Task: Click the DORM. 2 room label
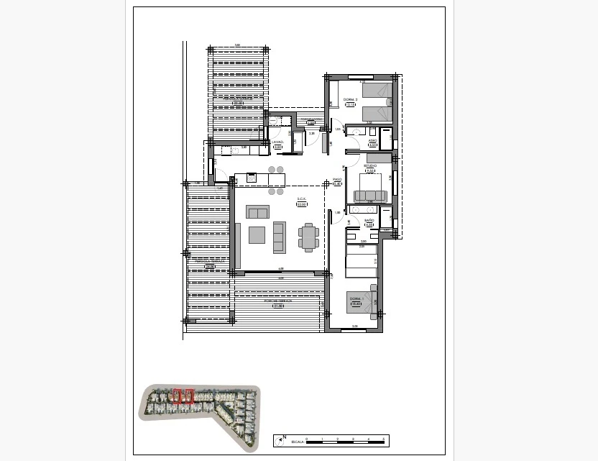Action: [x=350, y=99]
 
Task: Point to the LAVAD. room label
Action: [x=277, y=142]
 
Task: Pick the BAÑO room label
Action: [x=369, y=220]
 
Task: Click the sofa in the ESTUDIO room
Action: [x=371, y=196]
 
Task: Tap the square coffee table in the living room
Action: [x=257, y=235]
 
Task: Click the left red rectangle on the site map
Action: [x=178, y=396]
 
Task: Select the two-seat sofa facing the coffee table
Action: [x=279, y=237]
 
